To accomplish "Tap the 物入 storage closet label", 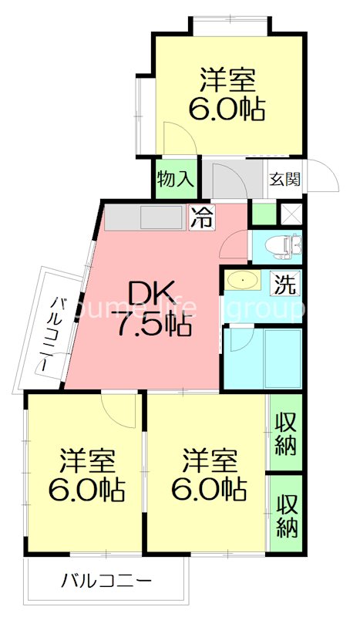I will pyautogui.click(x=177, y=180).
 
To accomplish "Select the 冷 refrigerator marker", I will pyautogui.click(x=202, y=218).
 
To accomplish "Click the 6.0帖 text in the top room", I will pyautogui.click(x=228, y=108).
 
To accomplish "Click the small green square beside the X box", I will pyautogui.click(x=264, y=214).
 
